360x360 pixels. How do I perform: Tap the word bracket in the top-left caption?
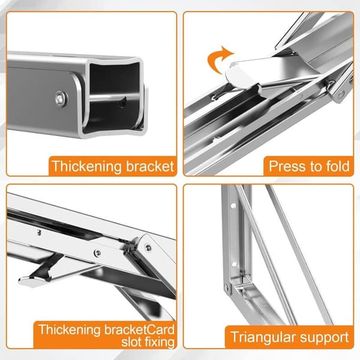click(149, 166)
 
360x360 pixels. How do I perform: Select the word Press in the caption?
click(289, 166)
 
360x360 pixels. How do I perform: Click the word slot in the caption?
click(131, 342)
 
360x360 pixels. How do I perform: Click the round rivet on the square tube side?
click(62, 99)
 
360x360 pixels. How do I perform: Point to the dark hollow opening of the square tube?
click(113, 79)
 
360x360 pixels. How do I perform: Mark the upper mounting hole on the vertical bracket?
click(233, 206)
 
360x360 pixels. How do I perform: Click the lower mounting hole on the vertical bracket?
click(234, 264)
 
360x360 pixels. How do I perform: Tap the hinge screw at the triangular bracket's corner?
click(227, 287)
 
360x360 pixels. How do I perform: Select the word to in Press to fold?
click(317, 166)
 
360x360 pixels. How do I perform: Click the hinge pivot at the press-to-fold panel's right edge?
click(341, 94)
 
